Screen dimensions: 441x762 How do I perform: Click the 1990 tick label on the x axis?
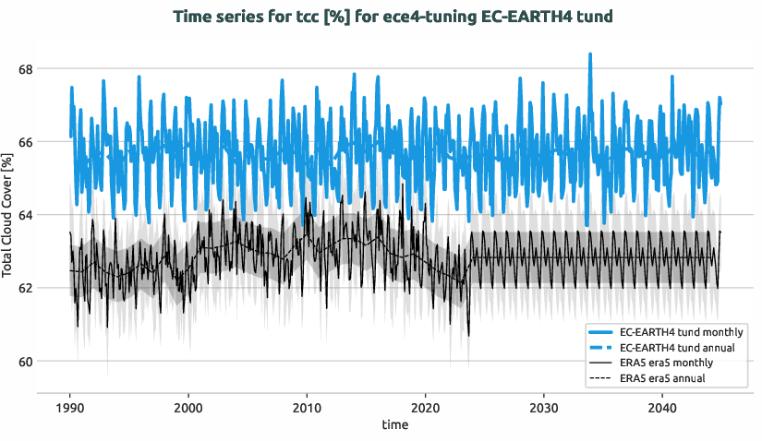(70, 408)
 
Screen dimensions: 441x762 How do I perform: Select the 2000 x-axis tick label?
(188, 408)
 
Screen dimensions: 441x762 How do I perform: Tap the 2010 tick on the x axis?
(307, 408)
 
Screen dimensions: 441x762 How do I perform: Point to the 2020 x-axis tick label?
(425, 408)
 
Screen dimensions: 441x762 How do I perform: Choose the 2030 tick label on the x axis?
(543, 408)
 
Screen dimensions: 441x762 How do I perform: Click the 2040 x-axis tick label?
(661, 408)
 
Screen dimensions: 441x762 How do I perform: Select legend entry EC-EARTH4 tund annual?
(678, 347)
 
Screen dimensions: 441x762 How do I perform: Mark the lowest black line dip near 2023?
(468, 335)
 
